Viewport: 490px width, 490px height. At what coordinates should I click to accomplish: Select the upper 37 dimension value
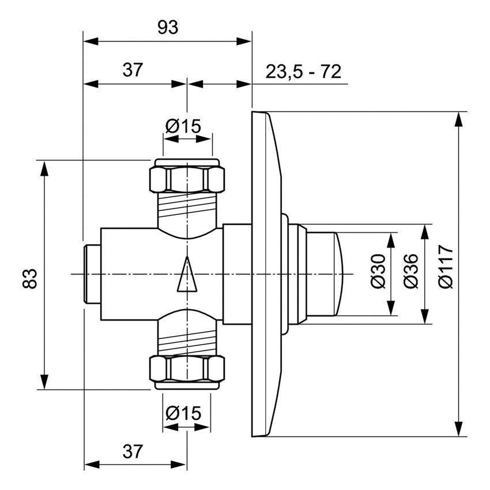(x=133, y=70)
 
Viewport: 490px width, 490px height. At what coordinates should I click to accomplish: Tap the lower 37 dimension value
(x=133, y=451)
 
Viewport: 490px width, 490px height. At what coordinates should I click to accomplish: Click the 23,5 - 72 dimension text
(x=303, y=71)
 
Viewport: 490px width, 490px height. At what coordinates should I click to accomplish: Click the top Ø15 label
(x=187, y=125)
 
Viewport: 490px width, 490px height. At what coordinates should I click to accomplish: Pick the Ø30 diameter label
(x=378, y=274)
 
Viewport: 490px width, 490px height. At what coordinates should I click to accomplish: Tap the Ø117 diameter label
(x=445, y=273)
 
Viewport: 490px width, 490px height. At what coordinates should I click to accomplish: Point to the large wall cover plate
(x=266, y=274)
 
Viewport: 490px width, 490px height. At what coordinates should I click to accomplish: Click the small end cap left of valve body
(x=92, y=274)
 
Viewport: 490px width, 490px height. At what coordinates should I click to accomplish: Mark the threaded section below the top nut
(x=187, y=206)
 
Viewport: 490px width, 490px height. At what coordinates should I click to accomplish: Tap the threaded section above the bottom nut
(x=187, y=342)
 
